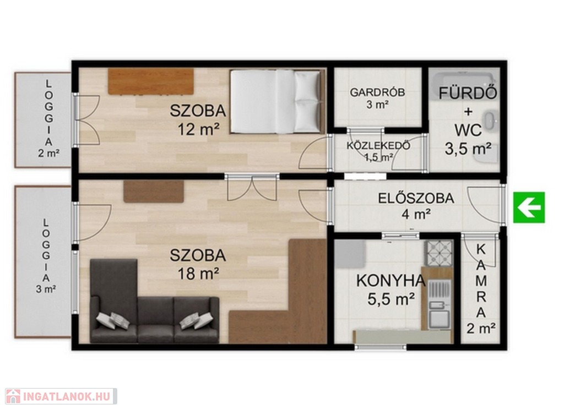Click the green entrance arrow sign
[x=529, y=207]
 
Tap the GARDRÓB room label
[x=377, y=92]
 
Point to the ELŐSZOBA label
[x=416, y=198]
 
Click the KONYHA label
[x=391, y=281]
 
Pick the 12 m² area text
[x=198, y=129]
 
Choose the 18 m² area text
[x=198, y=274]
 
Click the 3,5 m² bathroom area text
[x=468, y=149]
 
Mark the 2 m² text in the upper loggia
[x=49, y=154]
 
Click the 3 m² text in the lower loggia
[x=46, y=289]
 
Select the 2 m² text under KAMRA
[x=481, y=329]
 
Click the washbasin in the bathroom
[x=490, y=121]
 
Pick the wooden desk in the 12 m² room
[x=151, y=81]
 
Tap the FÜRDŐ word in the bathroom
[x=468, y=93]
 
